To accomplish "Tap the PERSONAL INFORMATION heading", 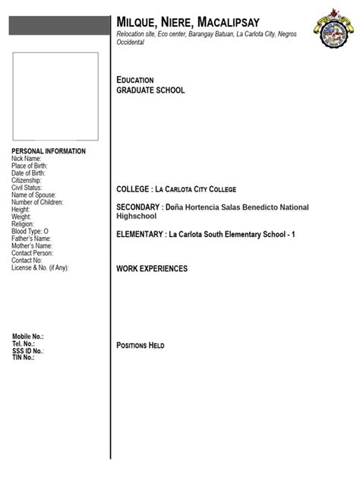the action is (x=49, y=151).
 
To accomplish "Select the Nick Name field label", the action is (x=27, y=159).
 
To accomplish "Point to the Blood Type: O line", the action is (x=30, y=231).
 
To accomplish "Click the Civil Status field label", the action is (x=27, y=188).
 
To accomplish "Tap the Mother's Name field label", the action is (x=32, y=246).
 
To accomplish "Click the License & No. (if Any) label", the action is (x=40, y=268).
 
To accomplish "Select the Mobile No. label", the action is (x=28, y=336).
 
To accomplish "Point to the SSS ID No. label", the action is (x=28, y=351).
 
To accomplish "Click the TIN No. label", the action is (x=24, y=358).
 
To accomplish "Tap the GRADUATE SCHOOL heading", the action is (x=150, y=90).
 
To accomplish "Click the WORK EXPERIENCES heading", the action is (x=152, y=269).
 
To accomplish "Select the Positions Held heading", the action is (x=141, y=346).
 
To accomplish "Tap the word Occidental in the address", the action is (x=130, y=43).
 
